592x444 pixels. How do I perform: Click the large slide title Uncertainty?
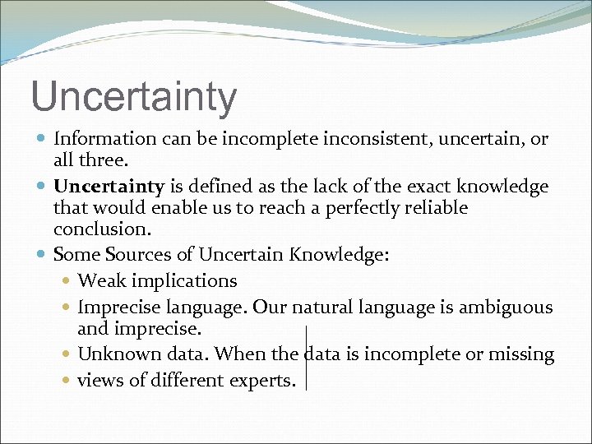(133, 96)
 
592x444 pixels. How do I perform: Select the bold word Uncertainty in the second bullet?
(109, 187)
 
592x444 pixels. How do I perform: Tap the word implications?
(186, 281)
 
